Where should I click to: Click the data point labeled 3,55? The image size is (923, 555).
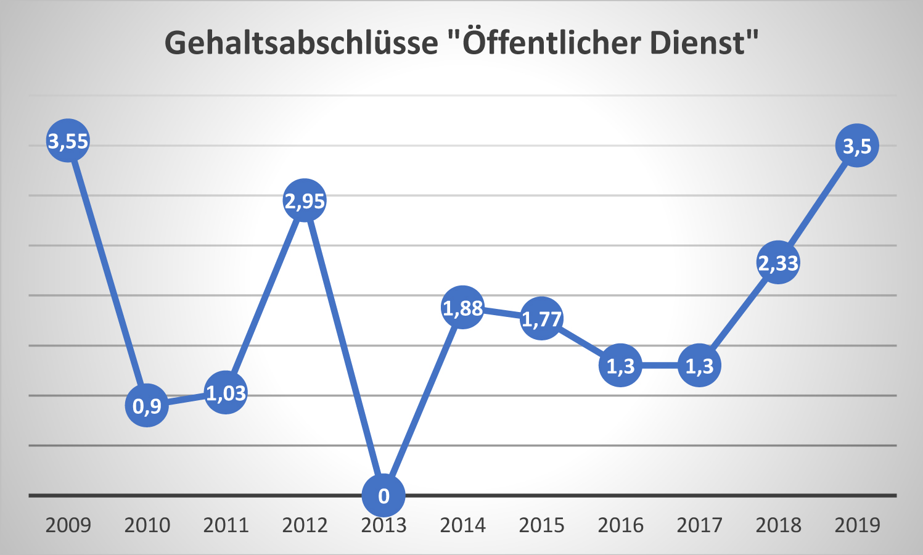click(68, 141)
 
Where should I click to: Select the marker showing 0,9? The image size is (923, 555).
click(147, 405)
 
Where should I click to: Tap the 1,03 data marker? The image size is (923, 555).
click(226, 392)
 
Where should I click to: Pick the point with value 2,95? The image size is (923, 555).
click(305, 200)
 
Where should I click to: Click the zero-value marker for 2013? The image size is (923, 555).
click(384, 495)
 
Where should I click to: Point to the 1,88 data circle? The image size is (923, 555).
click(462, 307)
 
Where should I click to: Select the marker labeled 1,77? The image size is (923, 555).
click(541, 318)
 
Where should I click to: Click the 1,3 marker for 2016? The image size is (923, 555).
click(620, 366)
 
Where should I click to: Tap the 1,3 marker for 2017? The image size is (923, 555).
click(699, 366)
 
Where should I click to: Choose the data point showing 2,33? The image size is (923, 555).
click(778, 262)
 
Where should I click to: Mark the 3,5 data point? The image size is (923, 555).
click(857, 146)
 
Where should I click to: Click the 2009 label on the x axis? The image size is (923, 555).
click(68, 525)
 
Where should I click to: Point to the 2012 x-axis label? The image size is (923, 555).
click(305, 525)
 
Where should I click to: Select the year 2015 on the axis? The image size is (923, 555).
click(541, 525)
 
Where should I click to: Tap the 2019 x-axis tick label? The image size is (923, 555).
click(857, 525)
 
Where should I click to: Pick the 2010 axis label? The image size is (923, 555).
click(147, 525)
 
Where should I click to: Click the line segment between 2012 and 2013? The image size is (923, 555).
click(344, 348)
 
